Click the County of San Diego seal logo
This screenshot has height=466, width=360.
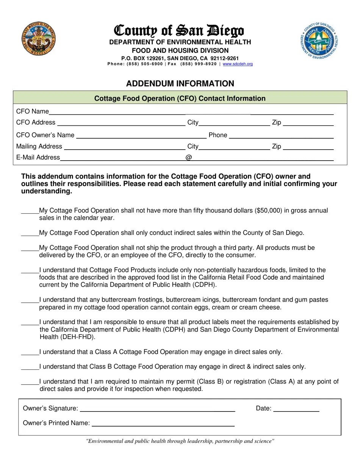click(x=38, y=39)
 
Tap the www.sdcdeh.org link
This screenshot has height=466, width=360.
click(x=238, y=64)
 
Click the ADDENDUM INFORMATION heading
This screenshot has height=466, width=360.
click(x=180, y=84)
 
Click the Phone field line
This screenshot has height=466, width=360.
click(x=281, y=136)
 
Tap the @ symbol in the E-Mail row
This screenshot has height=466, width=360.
click(x=188, y=158)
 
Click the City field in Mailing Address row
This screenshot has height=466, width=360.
click(x=234, y=147)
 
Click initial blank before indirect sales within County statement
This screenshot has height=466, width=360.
click(x=30, y=234)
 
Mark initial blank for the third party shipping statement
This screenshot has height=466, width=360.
click(x=30, y=249)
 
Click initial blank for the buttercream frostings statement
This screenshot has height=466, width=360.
click(x=30, y=301)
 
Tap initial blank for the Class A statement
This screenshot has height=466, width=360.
click(x=30, y=353)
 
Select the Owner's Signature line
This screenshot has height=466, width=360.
click(x=157, y=409)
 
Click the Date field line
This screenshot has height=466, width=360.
click(x=296, y=409)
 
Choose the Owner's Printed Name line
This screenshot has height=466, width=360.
click(x=163, y=424)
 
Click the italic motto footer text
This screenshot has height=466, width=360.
click(x=180, y=441)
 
